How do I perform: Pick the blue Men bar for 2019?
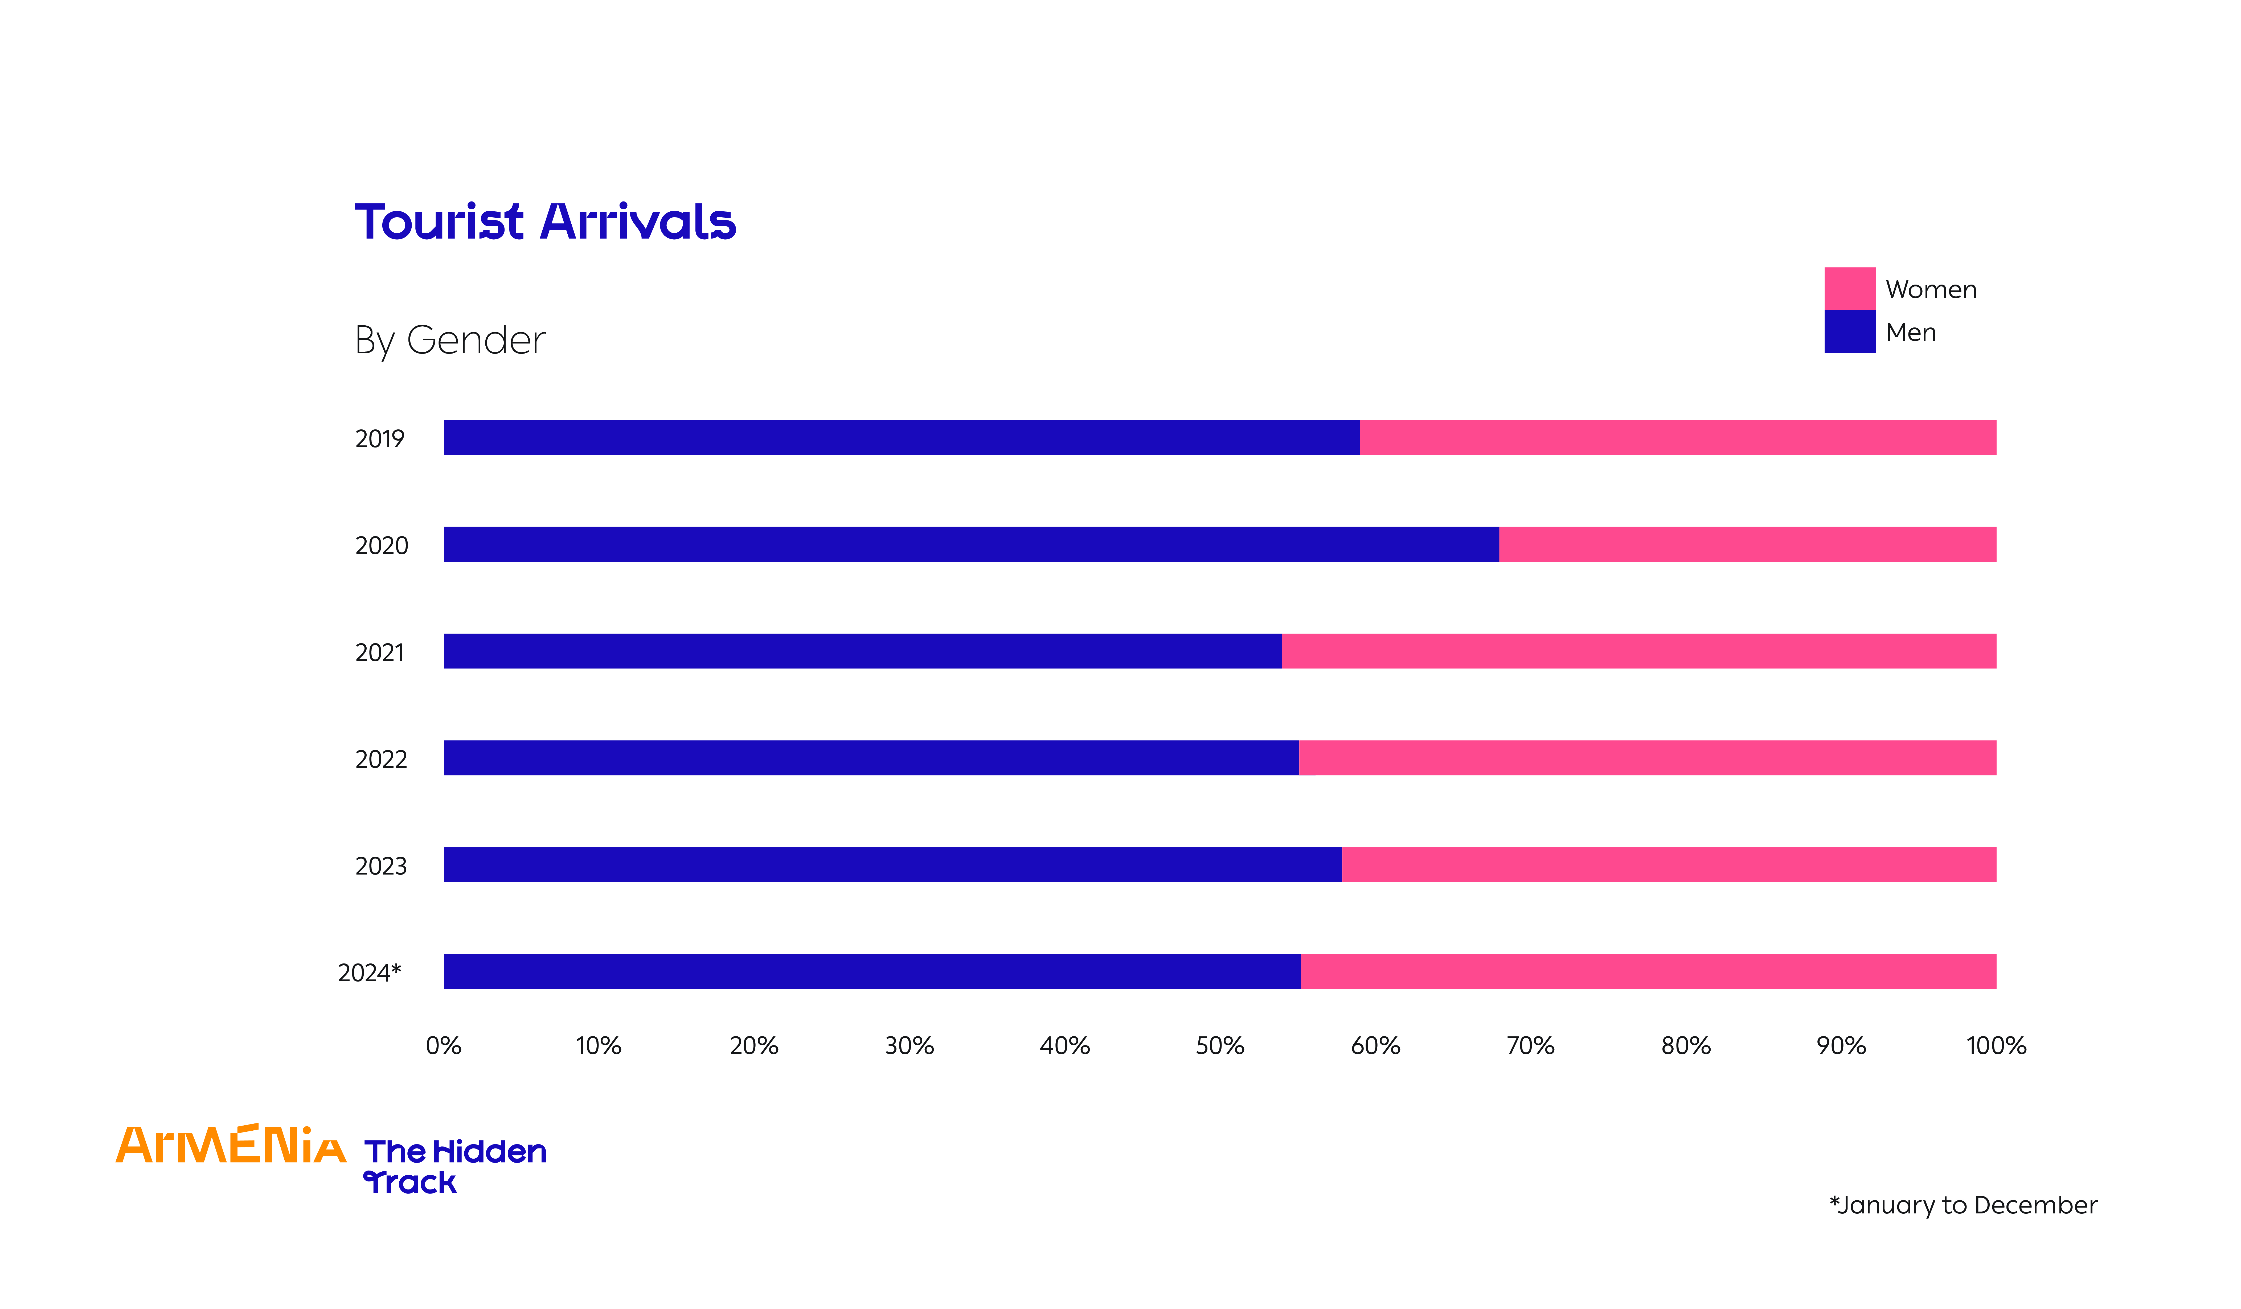[901, 437]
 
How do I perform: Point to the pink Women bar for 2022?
[1647, 758]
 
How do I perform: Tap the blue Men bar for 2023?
[892, 864]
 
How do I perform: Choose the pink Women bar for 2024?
[1648, 971]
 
